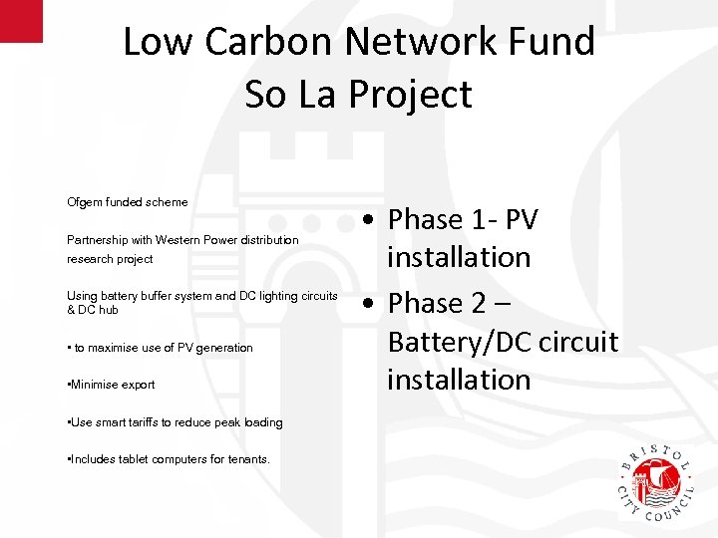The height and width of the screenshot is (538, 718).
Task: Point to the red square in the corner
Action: pos(21,20)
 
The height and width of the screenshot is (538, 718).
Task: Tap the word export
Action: pos(139,385)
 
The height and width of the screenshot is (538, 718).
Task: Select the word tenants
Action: pos(247,459)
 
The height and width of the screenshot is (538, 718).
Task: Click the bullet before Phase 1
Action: pos(369,220)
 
